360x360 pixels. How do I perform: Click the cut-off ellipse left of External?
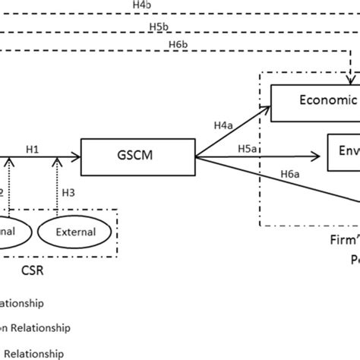pos(10,232)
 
